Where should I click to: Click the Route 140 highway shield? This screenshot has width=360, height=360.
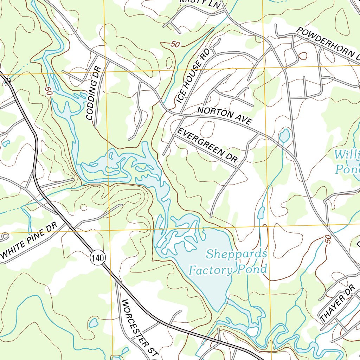[97, 258]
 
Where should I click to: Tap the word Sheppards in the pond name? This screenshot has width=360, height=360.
[237, 254]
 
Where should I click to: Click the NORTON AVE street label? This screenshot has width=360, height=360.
[225, 116]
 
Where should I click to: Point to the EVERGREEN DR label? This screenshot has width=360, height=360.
[207, 145]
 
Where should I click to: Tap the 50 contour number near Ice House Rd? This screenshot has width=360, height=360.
[174, 44]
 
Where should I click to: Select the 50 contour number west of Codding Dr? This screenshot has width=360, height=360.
[49, 90]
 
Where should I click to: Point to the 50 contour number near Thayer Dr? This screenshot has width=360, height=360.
[328, 239]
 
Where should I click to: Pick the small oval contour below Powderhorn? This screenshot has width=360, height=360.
[303, 56]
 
